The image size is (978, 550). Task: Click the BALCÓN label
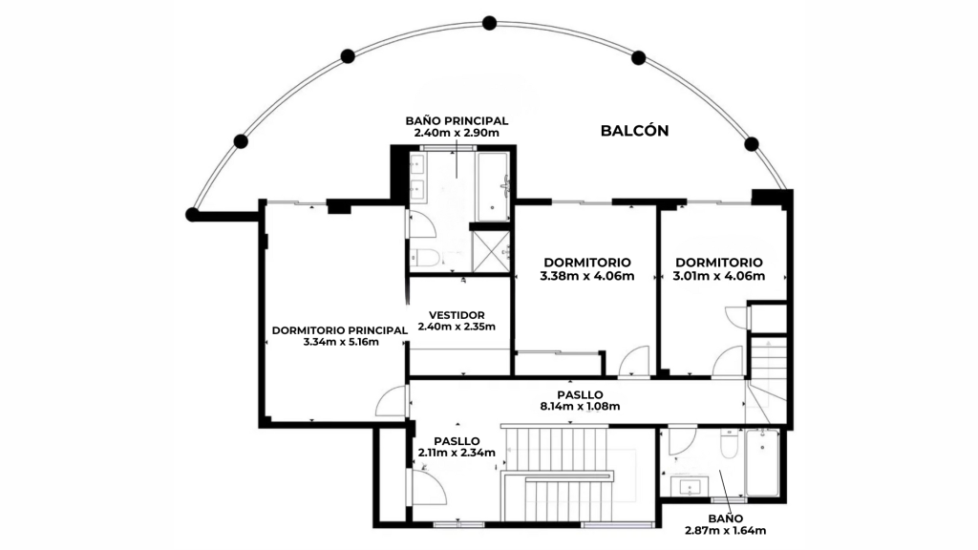[634, 130]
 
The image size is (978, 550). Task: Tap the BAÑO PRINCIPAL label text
[457, 121]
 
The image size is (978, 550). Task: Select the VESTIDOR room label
[457, 315]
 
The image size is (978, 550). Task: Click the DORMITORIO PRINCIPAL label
[340, 330]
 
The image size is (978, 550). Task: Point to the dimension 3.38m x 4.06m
[587, 276]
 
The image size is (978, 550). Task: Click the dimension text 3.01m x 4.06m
[718, 276]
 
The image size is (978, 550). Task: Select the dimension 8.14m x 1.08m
[580, 407]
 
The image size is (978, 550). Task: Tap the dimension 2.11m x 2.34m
[457, 453]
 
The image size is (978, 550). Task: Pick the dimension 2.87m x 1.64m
[726, 531]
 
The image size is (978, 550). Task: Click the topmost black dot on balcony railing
[490, 24]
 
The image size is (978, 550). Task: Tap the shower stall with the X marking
[491, 251]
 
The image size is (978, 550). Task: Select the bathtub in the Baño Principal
[493, 186]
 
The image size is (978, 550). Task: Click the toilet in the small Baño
[729, 443]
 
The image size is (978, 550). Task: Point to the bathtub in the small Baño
[762, 462]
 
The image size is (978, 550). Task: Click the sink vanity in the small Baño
[691, 486]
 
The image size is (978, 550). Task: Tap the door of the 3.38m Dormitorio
[634, 361]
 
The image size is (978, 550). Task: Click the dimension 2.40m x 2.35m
[457, 327]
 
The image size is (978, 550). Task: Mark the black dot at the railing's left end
[192, 215]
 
